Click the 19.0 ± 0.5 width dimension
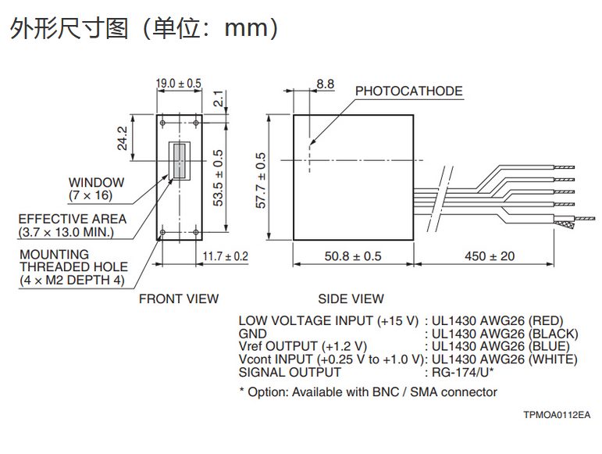pos(178,83)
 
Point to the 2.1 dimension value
pos(219,99)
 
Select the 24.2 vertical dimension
pos(122,138)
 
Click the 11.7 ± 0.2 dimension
pos(225,256)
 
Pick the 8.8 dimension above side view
pos(326,84)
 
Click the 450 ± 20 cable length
pos(490,256)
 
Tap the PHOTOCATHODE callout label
pos(409,91)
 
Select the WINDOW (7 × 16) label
pos(96,188)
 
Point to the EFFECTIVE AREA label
pos(72,225)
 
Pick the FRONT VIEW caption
pos(179,298)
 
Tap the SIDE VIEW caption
pos(351,298)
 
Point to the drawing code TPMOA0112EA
pos(557,415)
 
